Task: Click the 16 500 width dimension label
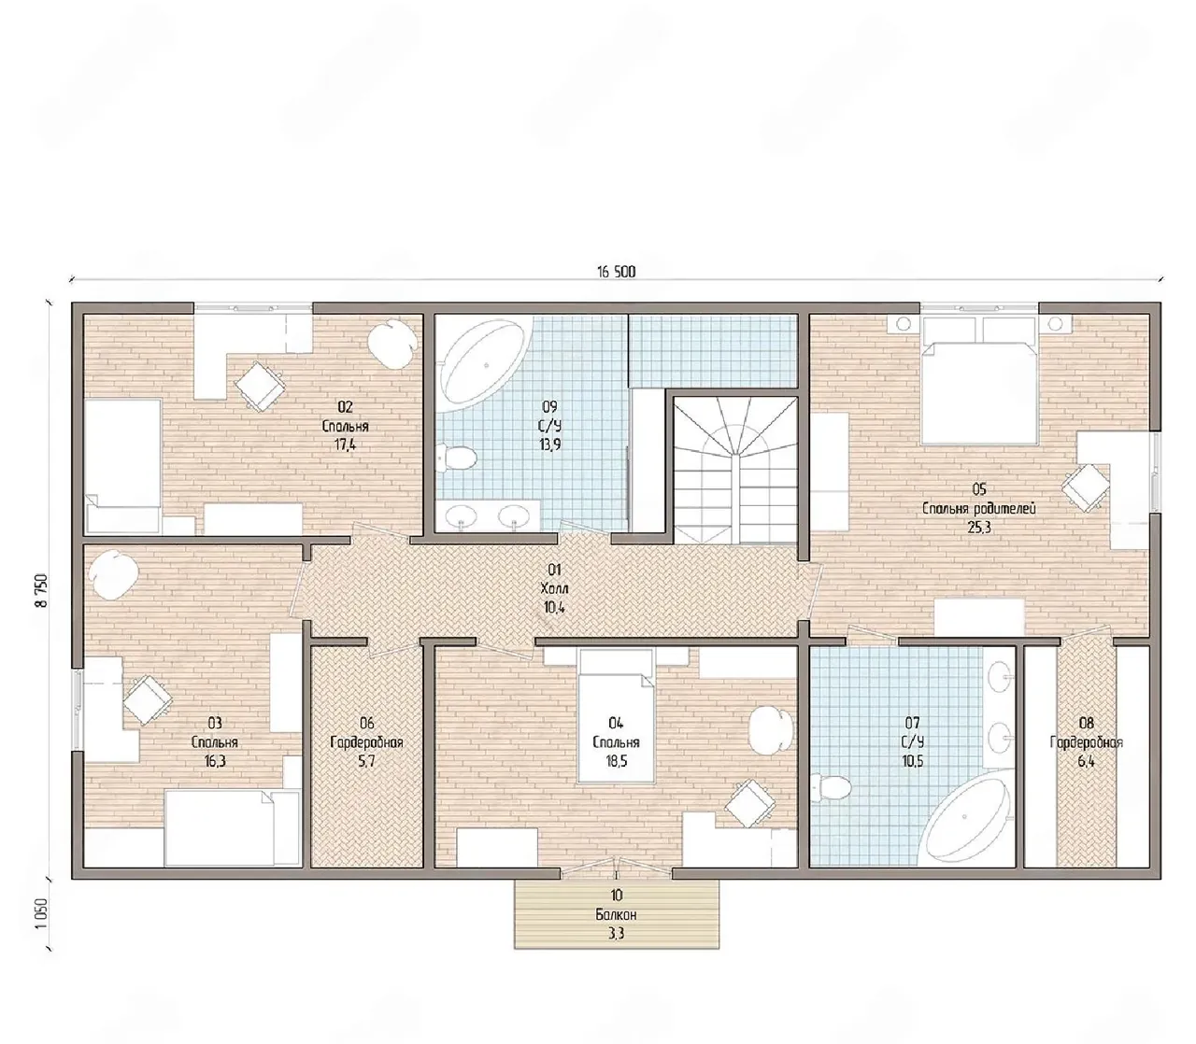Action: click(x=616, y=272)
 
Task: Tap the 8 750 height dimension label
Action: click(x=42, y=591)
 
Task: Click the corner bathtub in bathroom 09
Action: click(x=483, y=361)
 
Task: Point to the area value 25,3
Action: click(x=980, y=529)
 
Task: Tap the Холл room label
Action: click(x=554, y=589)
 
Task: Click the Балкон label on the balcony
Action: click(x=616, y=915)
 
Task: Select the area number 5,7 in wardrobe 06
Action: click(x=366, y=762)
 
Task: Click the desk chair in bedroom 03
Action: click(x=148, y=700)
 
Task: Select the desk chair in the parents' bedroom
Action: click(x=1086, y=487)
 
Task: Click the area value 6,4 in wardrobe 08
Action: click(x=1086, y=762)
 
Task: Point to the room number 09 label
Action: click(x=549, y=406)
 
